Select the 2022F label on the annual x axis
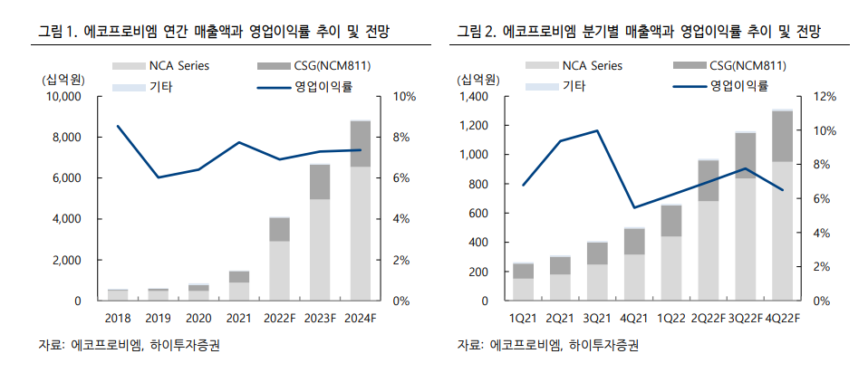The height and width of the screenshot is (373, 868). click(279, 319)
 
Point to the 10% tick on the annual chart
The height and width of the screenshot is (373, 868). click(404, 97)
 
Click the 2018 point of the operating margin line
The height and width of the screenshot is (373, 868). click(118, 126)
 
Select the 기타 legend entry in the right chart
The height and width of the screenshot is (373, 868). click(574, 86)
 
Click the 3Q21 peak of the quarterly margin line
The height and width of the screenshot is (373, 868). click(597, 130)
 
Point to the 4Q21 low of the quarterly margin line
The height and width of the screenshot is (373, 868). click(634, 207)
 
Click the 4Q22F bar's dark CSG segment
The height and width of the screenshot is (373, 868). click(782, 136)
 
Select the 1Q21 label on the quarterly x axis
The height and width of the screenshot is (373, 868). click(523, 319)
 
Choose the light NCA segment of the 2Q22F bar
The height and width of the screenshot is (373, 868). click(709, 251)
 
